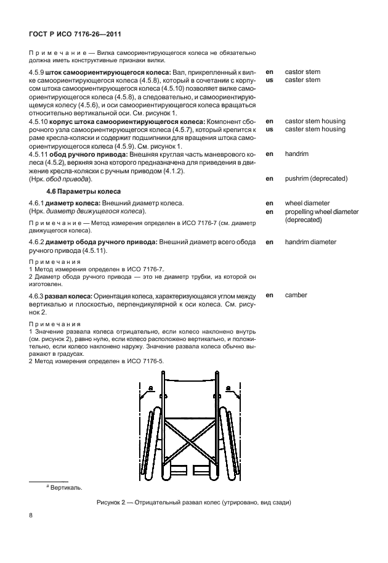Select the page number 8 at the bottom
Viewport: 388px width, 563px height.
coord(30,516)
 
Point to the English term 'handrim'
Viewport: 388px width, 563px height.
coord(297,154)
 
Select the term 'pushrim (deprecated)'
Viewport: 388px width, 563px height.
coord(316,179)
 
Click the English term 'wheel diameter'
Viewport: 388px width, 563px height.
coord(307,203)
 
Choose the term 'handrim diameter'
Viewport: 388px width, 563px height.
coord(310,242)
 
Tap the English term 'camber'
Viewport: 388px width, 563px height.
coord(296,295)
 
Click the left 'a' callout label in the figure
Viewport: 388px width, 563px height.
coord(150,388)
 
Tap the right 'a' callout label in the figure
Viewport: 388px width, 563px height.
coord(228,388)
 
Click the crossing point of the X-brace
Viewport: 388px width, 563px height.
coord(188,438)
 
